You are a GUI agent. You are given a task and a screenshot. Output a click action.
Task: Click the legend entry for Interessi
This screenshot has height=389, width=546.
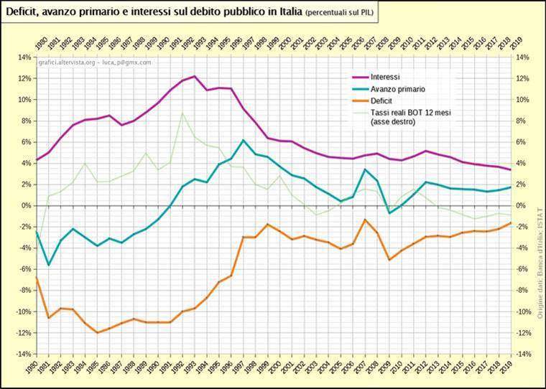click(x=385, y=77)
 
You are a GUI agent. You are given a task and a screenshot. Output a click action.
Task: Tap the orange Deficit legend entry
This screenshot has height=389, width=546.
click(x=382, y=101)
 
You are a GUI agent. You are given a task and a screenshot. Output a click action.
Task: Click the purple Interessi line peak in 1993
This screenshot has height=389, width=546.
click(x=195, y=76)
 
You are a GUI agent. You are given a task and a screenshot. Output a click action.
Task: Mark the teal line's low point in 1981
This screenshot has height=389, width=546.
click(x=48, y=265)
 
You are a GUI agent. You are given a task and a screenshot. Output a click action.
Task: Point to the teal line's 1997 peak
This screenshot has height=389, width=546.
click(x=244, y=140)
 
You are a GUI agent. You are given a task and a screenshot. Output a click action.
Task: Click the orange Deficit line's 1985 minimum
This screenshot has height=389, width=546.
click(x=97, y=333)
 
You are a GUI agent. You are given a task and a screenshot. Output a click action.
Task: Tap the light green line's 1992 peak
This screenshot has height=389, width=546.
click(x=182, y=113)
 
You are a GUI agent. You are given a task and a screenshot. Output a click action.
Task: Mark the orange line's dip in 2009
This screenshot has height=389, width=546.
click(x=389, y=259)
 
